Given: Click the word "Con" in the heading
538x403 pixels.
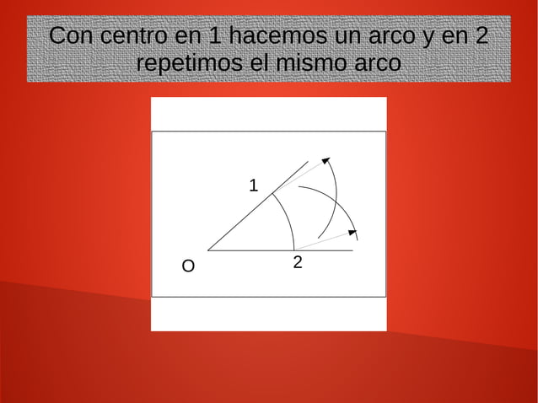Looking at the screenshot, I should point(72,37).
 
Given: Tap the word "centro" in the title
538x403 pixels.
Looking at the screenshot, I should point(130,37).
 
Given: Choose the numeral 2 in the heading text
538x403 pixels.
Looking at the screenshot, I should point(481,37).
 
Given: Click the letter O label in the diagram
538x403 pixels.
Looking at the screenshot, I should point(188,267).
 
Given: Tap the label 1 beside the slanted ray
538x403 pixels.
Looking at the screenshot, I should point(253,185).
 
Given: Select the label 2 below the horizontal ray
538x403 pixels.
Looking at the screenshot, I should point(298,262).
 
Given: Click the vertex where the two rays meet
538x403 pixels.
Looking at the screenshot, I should point(207,250).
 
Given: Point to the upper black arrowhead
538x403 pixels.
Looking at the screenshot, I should point(325,162).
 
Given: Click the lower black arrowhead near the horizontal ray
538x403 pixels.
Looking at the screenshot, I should point(352,229).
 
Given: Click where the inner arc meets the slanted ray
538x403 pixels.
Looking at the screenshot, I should point(272,194).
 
